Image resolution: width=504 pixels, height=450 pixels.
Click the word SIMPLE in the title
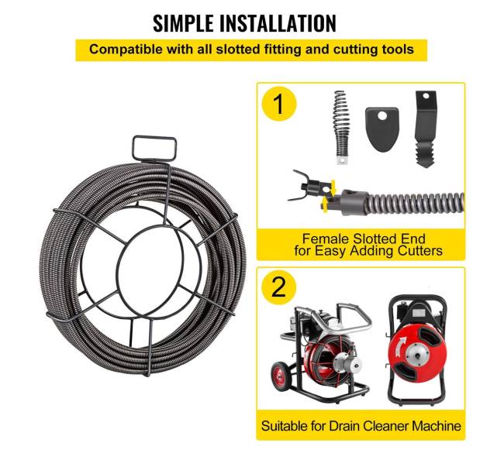point(183,23)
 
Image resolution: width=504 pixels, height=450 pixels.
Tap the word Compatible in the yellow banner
point(126,50)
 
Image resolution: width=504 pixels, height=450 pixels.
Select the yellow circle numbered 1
point(278,105)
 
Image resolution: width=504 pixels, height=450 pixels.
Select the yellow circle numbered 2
point(278,287)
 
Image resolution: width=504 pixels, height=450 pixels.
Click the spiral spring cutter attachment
point(340,128)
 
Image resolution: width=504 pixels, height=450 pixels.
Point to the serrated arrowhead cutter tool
point(425,129)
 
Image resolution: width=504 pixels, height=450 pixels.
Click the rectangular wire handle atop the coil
point(154,148)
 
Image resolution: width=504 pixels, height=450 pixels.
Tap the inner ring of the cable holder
point(116,270)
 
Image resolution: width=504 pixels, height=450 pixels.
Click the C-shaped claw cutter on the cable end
point(302,186)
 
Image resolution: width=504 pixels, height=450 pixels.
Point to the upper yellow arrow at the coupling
point(333,187)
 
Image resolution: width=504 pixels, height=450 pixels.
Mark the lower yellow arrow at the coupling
point(326,204)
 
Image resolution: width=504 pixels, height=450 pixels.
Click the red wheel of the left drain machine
point(281,376)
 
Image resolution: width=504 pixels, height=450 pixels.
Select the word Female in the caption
point(326,239)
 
